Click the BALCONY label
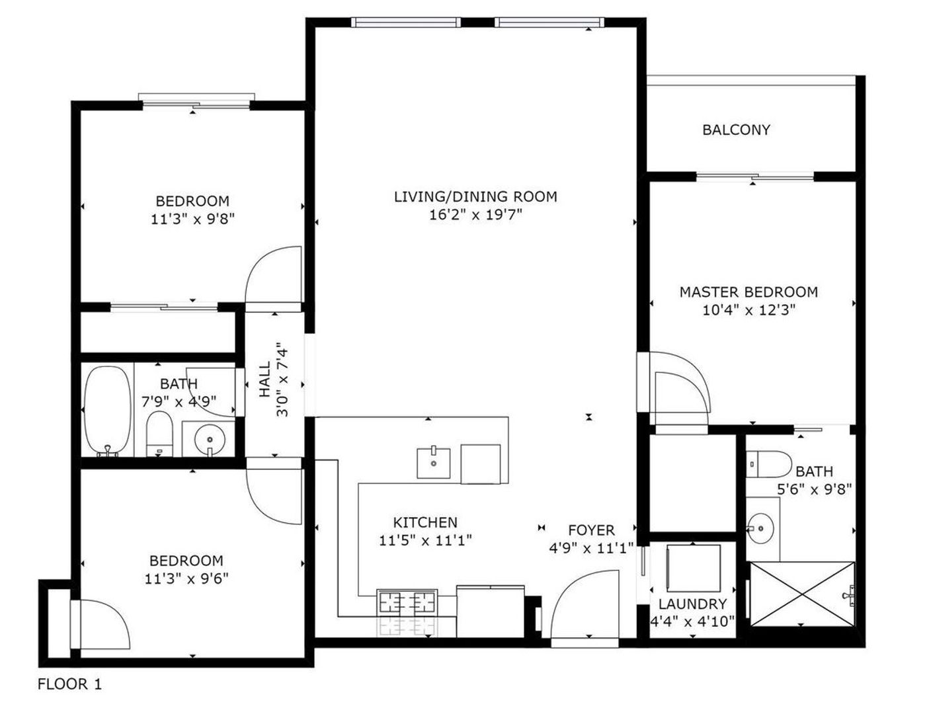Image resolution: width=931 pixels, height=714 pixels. (736, 130)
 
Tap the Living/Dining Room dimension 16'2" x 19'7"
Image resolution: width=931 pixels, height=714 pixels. (475, 214)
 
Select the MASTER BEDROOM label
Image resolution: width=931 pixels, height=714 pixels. (749, 292)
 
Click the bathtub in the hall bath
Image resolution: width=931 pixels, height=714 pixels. (106, 411)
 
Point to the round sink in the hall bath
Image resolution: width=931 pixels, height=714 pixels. (210, 440)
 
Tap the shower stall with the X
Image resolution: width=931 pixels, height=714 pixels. (802, 594)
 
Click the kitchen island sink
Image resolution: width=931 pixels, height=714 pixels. (434, 463)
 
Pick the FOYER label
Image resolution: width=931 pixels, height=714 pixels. (591, 530)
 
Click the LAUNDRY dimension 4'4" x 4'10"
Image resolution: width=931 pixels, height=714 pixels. (692, 621)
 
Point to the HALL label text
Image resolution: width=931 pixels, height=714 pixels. (265, 379)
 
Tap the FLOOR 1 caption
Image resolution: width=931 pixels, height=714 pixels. (70, 684)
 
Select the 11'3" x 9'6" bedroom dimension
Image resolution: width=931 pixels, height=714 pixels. (186, 578)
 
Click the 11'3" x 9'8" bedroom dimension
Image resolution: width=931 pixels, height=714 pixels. (193, 219)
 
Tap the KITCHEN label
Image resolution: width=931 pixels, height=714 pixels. (425, 522)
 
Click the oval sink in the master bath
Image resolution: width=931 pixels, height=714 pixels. (761, 528)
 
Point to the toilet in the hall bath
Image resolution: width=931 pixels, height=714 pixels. (159, 434)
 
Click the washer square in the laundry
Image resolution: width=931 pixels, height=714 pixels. (693, 569)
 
